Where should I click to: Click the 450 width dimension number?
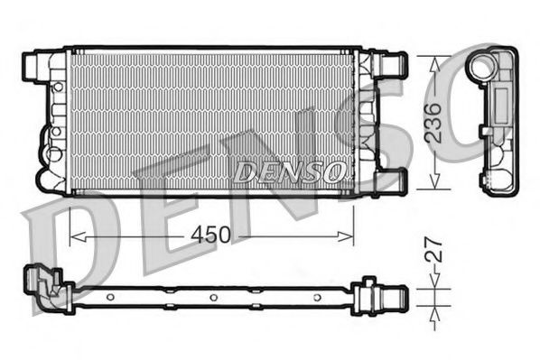[x=209, y=235]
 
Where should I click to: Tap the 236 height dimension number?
[x=433, y=122]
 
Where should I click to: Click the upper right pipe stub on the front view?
[x=395, y=65]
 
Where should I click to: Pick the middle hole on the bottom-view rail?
[x=211, y=297]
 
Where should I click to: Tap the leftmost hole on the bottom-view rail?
[x=109, y=297]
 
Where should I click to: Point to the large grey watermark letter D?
[x=68, y=244]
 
